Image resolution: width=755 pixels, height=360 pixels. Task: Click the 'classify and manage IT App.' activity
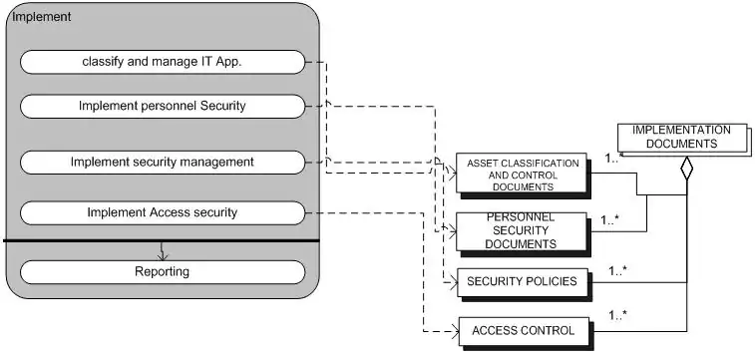click(163, 62)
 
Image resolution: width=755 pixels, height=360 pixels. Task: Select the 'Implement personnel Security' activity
click(163, 106)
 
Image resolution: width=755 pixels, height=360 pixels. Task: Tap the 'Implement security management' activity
click(163, 163)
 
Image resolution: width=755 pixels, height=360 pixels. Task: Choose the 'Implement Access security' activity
click(163, 212)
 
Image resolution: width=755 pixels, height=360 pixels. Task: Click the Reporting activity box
click(163, 272)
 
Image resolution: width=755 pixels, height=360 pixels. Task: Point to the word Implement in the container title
click(42, 17)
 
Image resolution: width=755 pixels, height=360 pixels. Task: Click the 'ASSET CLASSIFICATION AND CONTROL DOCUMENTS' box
click(523, 175)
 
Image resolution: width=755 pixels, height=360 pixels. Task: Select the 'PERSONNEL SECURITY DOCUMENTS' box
click(523, 233)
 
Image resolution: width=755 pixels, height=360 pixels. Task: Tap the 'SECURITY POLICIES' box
click(524, 283)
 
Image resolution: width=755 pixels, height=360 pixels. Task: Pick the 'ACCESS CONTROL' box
click(525, 332)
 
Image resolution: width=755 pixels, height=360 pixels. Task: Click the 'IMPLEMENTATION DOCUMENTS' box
click(683, 139)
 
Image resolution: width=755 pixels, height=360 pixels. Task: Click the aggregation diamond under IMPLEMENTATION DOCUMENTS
click(686, 169)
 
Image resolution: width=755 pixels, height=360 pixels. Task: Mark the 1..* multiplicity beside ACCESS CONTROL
click(617, 316)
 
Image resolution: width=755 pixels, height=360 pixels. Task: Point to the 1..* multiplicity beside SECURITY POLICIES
click(617, 270)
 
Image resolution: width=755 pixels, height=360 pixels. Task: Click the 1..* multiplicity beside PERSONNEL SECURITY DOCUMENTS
click(609, 220)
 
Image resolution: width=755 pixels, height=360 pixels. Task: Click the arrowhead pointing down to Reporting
click(162, 256)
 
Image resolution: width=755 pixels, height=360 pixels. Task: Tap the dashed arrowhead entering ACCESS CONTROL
click(454, 332)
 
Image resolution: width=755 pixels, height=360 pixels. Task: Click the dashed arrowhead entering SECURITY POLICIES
click(453, 282)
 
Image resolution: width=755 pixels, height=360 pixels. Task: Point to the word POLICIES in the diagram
click(553, 281)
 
